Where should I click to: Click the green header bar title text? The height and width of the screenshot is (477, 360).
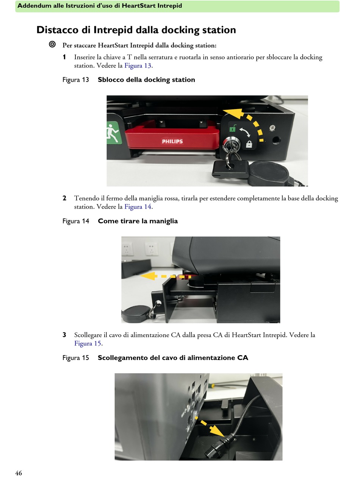click(x=100, y=6)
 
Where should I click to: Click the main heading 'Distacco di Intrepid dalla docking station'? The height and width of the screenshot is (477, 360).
click(x=136, y=30)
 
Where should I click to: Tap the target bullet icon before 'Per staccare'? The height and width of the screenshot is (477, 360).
click(x=52, y=44)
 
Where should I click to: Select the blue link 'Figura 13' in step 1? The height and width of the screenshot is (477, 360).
click(x=138, y=65)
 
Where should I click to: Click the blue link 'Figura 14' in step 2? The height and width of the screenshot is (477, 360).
click(x=138, y=206)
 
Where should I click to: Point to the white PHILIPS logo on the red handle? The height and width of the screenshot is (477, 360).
click(x=172, y=142)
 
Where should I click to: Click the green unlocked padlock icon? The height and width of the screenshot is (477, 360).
click(x=233, y=128)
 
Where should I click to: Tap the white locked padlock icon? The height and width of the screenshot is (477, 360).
click(x=249, y=144)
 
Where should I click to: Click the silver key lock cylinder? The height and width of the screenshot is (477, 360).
click(x=231, y=143)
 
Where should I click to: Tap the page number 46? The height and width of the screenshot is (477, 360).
click(x=19, y=473)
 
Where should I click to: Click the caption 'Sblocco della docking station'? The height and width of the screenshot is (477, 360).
click(x=146, y=80)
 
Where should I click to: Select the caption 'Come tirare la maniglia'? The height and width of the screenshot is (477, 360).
click(x=138, y=221)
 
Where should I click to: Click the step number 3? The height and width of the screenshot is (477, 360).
click(x=64, y=335)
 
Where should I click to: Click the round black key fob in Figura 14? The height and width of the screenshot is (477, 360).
click(x=136, y=314)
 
